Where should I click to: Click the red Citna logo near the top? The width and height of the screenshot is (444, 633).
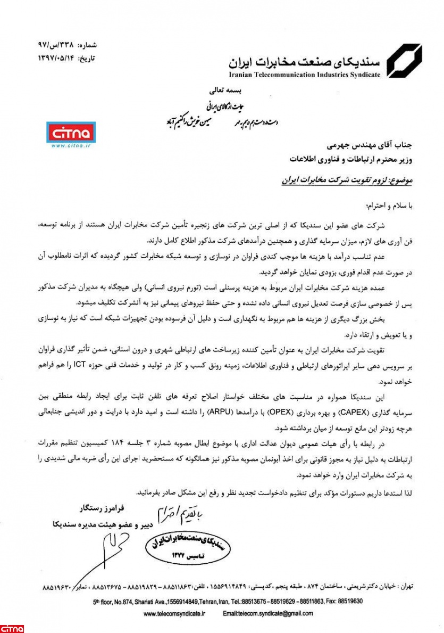point(70,133)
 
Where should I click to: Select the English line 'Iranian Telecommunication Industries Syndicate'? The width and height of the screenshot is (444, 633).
point(305,75)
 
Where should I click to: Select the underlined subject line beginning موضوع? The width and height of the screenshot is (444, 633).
point(347,180)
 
